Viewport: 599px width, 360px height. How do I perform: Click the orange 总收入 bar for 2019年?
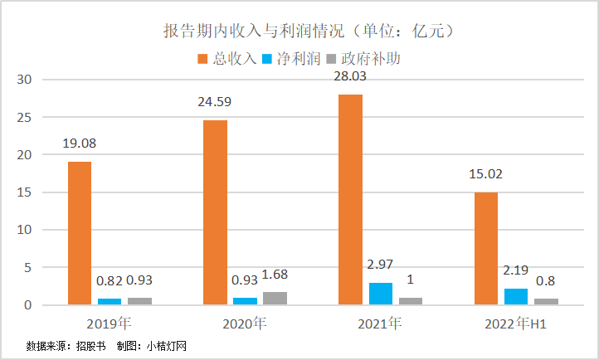[80, 233]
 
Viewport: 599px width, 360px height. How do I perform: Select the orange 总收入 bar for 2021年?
[350, 199]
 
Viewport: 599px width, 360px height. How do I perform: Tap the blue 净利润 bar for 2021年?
[381, 294]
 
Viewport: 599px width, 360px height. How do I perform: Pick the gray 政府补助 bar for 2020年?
[275, 299]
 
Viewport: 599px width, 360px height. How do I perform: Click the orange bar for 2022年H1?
[485, 248]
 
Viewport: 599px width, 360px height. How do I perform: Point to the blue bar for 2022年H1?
[516, 296]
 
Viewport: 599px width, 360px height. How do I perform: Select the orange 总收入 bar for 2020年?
[215, 212]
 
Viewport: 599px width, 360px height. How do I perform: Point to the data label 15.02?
[485, 175]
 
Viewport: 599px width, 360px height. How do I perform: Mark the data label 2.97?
[381, 265]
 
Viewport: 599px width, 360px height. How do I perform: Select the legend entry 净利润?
[291, 59]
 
